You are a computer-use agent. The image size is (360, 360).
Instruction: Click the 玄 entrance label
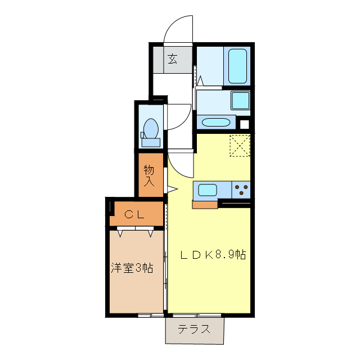(x=173, y=58)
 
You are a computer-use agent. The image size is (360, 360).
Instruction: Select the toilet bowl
(x=150, y=128)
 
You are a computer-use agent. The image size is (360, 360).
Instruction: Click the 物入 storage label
(x=149, y=175)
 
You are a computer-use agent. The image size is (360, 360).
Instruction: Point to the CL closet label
(x=134, y=214)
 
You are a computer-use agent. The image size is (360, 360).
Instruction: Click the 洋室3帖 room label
(x=132, y=268)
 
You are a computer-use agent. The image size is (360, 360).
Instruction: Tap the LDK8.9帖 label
(x=213, y=254)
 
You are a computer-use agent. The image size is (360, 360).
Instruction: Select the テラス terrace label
(x=194, y=330)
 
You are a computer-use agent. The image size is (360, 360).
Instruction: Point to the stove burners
(x=241, y=190)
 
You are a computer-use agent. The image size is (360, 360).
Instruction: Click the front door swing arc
(x=177, y=28)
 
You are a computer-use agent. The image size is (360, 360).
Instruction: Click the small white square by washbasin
(x=244, y=124)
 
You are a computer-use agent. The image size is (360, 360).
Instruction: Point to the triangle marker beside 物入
(x=171, y=189)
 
